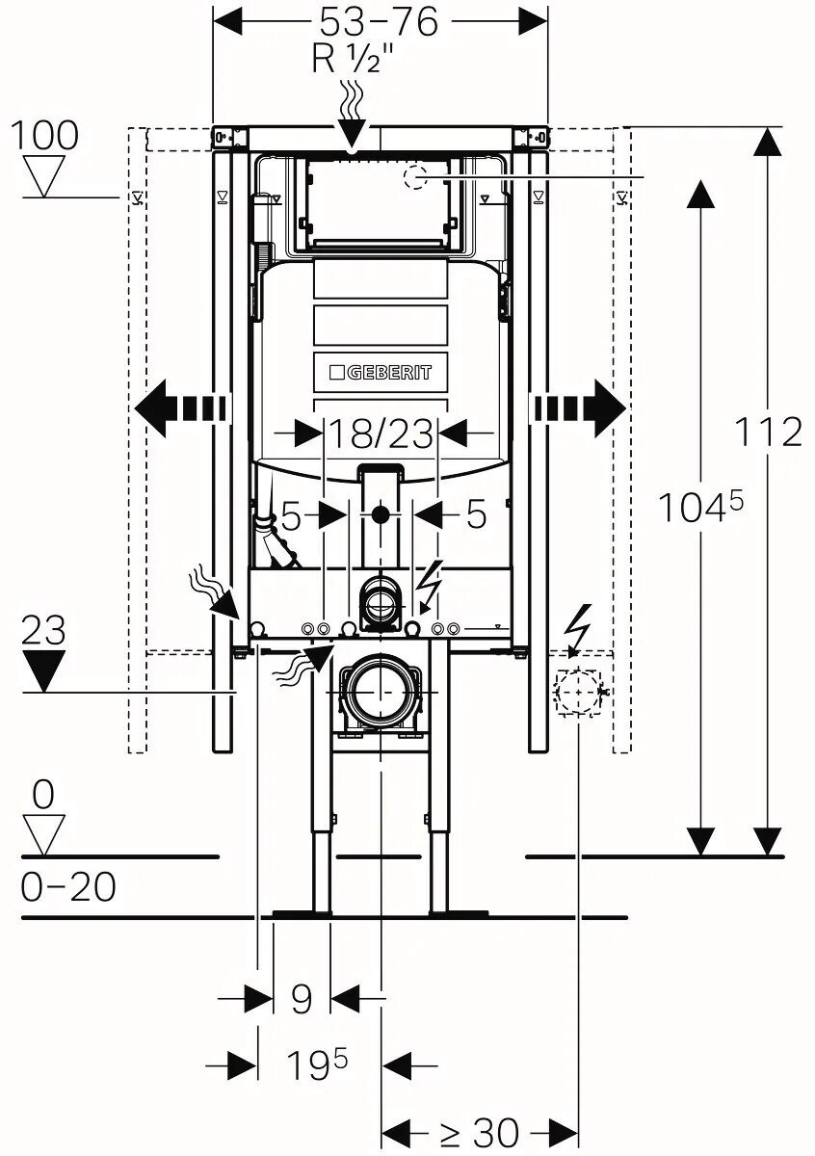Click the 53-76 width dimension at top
(x=380, y=21)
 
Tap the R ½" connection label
(x=353, y=61)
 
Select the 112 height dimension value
(x=768, y=432)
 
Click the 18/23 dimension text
(x=381, y=434)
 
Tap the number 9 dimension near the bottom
(x=302, y=999)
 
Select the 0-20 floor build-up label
(x=68, y=886)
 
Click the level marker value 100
(x=44, y=136)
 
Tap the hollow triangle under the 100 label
(x=44, y=174)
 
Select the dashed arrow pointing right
(x=579, y=408)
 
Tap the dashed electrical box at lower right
(x=577, y=692)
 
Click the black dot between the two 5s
(x=381, y=514)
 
